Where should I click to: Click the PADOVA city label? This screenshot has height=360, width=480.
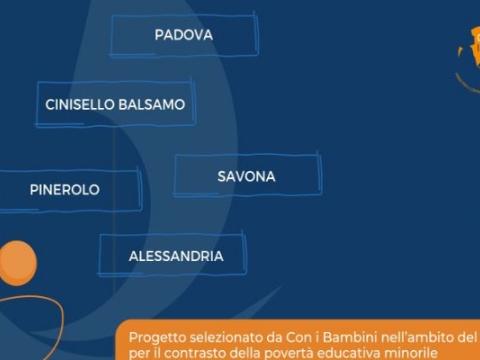tap(183, 35)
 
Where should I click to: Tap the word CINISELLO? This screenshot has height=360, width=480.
tap(80, 104)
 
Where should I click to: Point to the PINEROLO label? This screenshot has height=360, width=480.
tap(64, 189)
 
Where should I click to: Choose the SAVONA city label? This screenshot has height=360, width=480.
tap(246, 176)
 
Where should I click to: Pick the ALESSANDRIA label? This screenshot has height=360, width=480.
tap(176, 256)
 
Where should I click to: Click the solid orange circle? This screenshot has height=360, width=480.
tap(16, 262)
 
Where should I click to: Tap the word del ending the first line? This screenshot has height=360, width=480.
tap(468, 338)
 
